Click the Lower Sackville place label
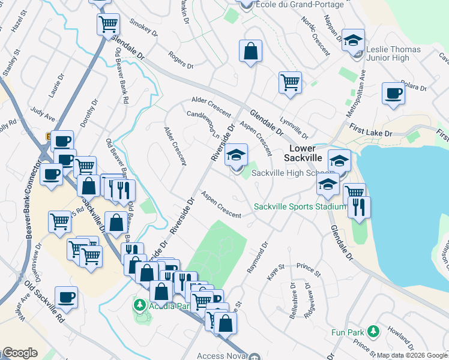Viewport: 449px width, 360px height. click(307, 153)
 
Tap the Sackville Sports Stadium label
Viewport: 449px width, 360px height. click(300, 206)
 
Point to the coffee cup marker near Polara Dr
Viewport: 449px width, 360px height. click(393, 94)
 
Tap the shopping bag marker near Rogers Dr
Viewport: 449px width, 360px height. click(250, 51)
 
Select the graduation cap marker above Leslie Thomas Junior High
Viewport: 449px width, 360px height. click(353, 40)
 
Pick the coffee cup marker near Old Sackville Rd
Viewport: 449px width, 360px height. click(66, 296)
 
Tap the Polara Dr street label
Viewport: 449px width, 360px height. click(414, 87)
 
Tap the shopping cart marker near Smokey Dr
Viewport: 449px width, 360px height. click(107, 25)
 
